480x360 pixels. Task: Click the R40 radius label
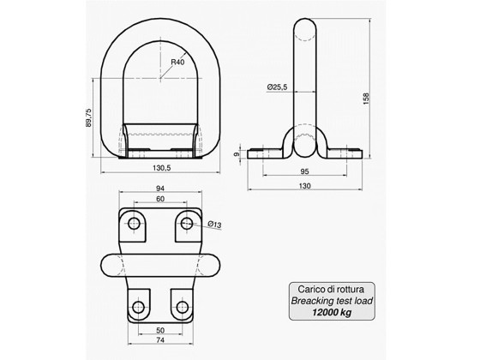pos(178,62)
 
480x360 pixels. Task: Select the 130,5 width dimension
pos(155,168)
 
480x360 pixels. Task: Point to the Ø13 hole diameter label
pos(214,225)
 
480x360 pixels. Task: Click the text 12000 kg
pos(331,314)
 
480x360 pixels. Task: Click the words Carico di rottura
pos(331,291)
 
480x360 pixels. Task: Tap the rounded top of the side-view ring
pos(307,26)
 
